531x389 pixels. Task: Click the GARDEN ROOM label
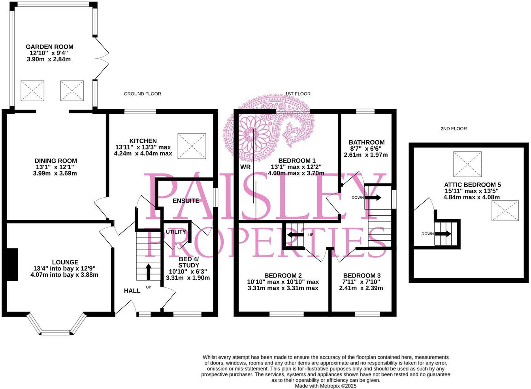tap(50, 47)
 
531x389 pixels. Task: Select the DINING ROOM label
tap(55, 161)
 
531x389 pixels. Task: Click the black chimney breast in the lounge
tap(12, 264)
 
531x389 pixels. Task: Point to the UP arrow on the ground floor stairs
tap(149, 272)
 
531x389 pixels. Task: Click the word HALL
tap(132, 291)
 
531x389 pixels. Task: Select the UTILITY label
tap(175, 232)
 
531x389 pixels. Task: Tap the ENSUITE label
tap(186, 201)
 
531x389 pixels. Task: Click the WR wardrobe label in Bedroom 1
tap(245, 167)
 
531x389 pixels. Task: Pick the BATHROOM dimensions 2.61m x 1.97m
tap(366, 155)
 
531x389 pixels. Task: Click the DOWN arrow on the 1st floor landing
tap(373, 197)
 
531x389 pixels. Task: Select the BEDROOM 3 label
tap(362, 276)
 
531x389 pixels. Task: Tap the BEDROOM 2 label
tap(283, 276)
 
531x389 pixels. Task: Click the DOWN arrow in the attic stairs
tap(443, 234)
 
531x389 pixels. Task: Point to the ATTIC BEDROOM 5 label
tap(472, 185)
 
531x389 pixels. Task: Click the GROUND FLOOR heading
tap(142, 94)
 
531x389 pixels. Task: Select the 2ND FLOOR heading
tap(454, 128)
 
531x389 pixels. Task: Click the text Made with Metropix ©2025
tap(326, 386)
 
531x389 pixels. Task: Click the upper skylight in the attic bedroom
tap(467, 164)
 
